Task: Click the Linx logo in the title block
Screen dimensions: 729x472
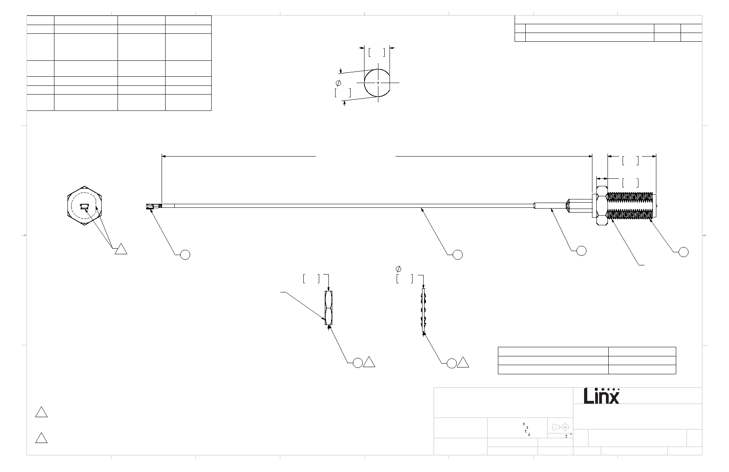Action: [602, 396]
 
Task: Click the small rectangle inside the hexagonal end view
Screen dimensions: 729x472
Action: [84, 206]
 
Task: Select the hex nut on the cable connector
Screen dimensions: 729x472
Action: [602, 206]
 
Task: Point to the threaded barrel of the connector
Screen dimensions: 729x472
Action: [631, 206]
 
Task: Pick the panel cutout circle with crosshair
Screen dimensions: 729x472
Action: [377, 83]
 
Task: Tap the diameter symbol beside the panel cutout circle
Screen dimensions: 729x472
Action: [338, 83]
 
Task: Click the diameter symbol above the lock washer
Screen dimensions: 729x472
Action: [399, 269]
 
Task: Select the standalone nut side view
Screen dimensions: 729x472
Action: [329, 308]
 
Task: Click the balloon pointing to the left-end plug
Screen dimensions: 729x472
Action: [185, 254]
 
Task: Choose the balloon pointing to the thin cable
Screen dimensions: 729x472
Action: [458, 254]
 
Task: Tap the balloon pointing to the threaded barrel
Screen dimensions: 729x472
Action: [683, 251]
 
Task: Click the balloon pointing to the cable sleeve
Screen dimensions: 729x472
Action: [581, 250]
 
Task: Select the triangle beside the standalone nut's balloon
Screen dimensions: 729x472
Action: [369, 362]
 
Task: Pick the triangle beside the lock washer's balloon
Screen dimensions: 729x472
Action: [463, 362]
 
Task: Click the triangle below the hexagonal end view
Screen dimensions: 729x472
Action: [121, 250]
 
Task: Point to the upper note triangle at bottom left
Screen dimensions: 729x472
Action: [41, 412]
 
